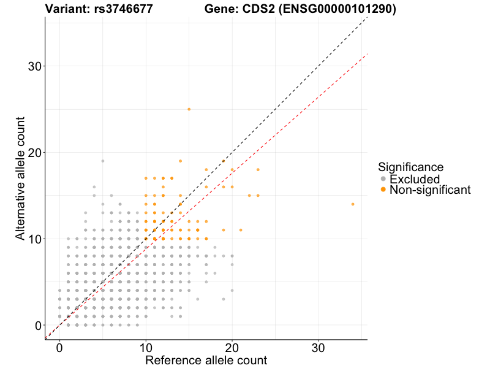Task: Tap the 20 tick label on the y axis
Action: (x=36, y=153)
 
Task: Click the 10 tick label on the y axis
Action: (x=36, y=239)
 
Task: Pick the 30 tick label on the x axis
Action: (x=318, y=347)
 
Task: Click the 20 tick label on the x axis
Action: (x=232, y=347)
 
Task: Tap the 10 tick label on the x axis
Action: (x=146, y=347)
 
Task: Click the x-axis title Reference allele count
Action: (x=206, y=360)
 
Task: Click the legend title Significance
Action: (x=410, y=167)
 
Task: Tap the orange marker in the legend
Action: (x=383, y=190)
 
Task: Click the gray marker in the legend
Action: (x=383, y=179)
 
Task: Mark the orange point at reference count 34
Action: (x=352, y=204)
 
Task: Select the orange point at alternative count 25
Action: (x=189, y=109)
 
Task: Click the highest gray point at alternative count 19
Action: (x=103, y=161)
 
